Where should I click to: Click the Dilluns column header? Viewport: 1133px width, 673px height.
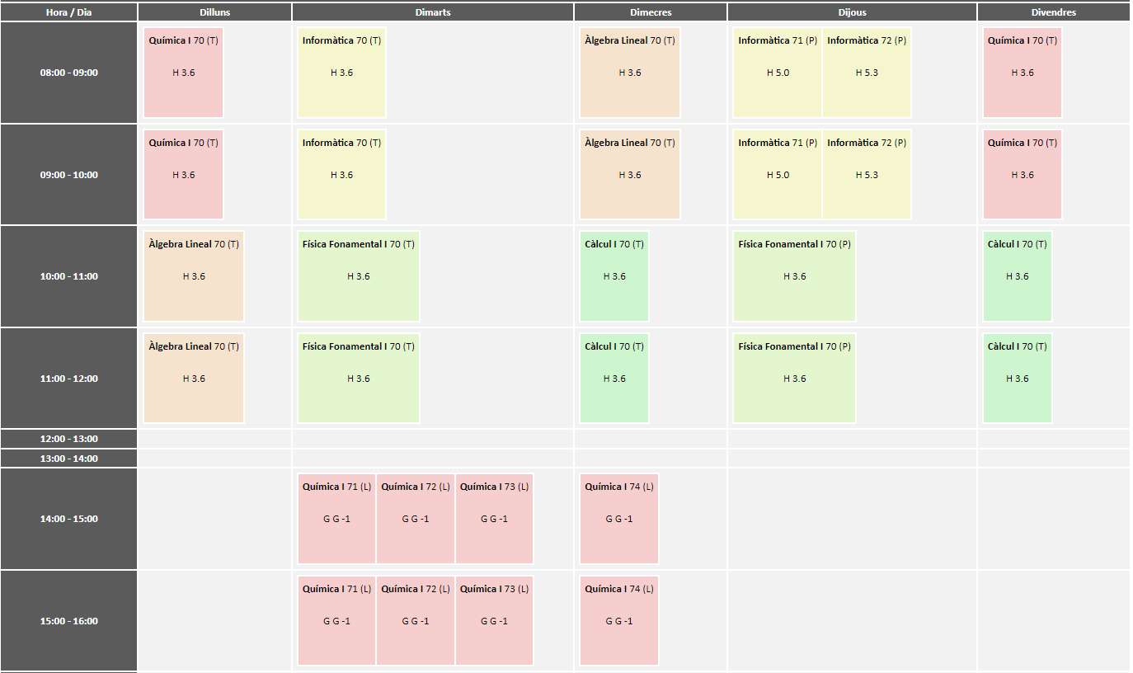coord(214,12)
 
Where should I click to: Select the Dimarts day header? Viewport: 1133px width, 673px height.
coord(433,12)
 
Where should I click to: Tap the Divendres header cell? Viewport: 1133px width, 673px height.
coord(1053,12)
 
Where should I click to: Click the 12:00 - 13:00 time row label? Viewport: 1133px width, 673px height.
coord(69,439)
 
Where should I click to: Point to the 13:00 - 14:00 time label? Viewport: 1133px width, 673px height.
coord(69,459)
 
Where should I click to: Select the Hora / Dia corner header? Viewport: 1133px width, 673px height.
coord(69,12)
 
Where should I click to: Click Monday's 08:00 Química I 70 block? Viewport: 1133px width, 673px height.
coord(183,73)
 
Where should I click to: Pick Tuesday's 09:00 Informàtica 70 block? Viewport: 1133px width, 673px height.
coord(341,175)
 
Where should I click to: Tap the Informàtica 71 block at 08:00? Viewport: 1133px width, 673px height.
coord(778,73)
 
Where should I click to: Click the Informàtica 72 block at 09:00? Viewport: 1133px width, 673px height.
coord(867,175)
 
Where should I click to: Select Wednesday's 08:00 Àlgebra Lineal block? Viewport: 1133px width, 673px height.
coord(630,73)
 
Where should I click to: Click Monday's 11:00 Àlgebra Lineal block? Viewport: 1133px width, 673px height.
coord(194,379)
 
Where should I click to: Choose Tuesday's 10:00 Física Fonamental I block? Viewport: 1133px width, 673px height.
coord(359,276)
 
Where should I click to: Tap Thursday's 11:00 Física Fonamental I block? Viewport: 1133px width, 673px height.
coord(794,379)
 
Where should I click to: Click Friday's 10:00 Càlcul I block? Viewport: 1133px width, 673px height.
coord(1018,276)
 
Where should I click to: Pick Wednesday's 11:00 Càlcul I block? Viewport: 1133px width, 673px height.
coord(614,379)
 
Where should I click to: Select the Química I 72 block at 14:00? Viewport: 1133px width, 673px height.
coord(416,519)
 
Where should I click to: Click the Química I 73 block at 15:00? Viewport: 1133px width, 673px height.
coord(494,621)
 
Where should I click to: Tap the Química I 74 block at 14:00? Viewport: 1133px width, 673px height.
coord(619,519)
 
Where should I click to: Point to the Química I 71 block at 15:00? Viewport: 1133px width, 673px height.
coord(336,621)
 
